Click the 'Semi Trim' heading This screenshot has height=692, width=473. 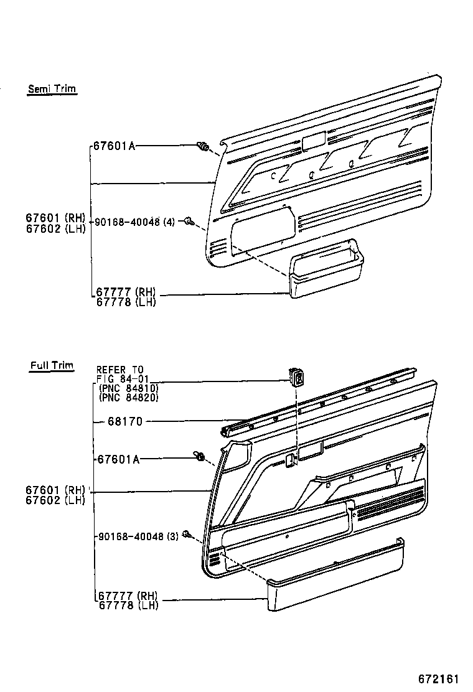(52, 88)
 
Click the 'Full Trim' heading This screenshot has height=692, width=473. (52, 365)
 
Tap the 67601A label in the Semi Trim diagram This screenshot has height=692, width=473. (114, 146)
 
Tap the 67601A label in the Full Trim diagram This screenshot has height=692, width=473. (118, 459)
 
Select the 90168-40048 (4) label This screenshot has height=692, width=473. (134, 222)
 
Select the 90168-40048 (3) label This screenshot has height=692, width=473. (137, 536)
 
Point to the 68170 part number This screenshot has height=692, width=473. (124, 421)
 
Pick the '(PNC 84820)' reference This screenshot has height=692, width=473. (129, 398)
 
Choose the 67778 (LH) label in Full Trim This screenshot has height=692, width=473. (127, 605)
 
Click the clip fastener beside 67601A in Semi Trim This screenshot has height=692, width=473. (203, 147)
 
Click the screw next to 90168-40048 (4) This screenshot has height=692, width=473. (192, 222)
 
